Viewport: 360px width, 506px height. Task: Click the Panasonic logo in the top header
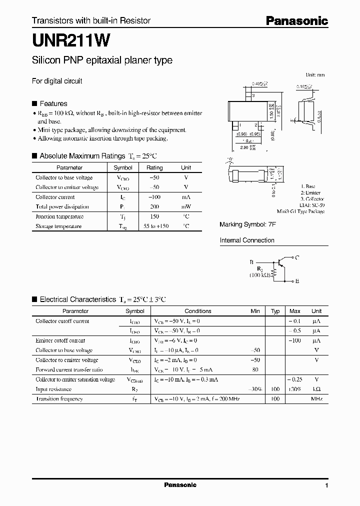coord(296,20)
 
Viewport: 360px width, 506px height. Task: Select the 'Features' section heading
coord(53,103)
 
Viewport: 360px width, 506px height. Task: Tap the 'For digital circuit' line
coord(57,81)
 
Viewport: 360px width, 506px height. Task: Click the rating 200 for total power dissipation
coord(154,207)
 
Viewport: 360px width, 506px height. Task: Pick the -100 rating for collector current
coord(154,197)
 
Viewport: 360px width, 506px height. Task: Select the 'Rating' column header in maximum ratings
coord(154,168)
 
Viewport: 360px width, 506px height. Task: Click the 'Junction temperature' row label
coord(59,216)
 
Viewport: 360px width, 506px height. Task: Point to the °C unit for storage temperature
coord(186,226)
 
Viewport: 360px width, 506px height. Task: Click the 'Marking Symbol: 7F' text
coord(247,225)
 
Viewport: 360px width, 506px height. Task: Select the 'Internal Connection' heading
coord(247,240)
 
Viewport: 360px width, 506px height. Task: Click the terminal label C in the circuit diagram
coord(296,257)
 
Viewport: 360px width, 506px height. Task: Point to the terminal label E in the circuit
coord(297,281)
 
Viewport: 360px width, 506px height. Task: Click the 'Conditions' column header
coord(198,311)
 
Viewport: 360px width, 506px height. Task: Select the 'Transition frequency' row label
coord(59,399)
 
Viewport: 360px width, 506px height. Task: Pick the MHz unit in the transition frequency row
coord(316,399)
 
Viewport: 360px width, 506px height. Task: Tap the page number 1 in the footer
coord(326,486)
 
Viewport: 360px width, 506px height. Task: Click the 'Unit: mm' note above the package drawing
coord(315,74)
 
